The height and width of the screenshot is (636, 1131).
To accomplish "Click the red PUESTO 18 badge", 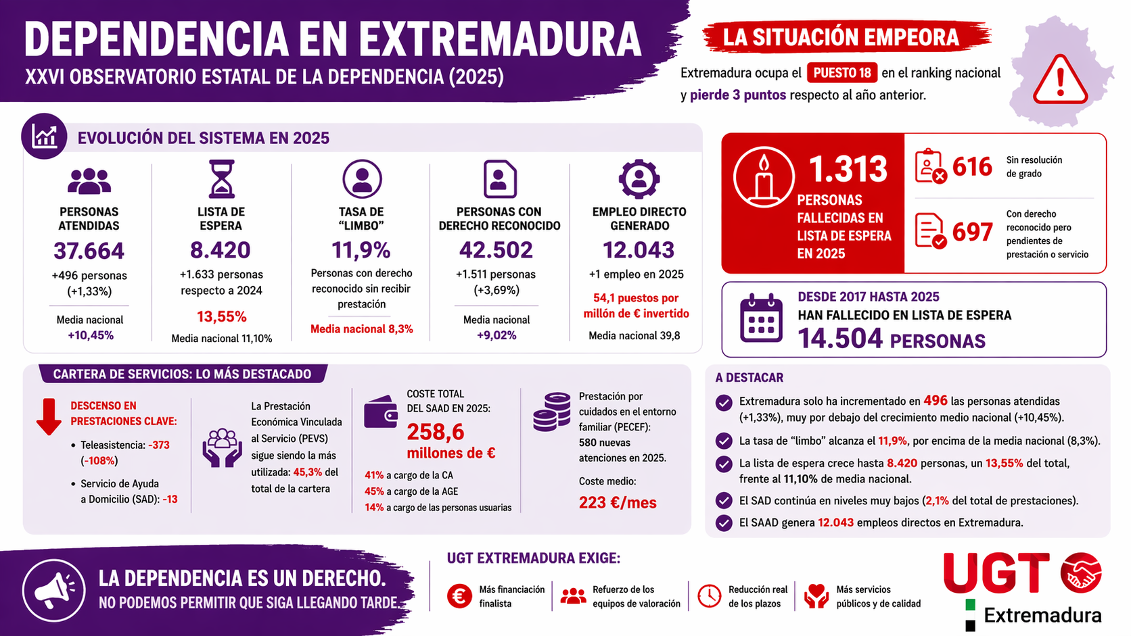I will click(841, 73).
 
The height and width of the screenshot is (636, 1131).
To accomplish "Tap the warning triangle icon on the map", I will click(1060, 80).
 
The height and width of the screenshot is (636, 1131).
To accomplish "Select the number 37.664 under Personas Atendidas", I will click(89, 251).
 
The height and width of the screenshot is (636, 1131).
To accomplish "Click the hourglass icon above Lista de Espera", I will click(221, 179).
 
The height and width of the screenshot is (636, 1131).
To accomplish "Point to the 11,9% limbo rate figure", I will click(361, 251).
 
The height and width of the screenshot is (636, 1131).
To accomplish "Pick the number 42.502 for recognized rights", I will click(496, 250).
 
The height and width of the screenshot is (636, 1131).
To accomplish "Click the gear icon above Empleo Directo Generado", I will click(639, 179).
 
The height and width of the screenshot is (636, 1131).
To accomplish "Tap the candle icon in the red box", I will click(764, 177).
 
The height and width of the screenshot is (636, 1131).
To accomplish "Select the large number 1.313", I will click(848, 168).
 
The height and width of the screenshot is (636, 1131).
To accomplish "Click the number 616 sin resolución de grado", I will click(972, 166).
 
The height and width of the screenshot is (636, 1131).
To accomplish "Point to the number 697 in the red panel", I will click(972, 233).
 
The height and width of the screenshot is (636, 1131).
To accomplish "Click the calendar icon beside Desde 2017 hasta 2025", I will click(761, 319).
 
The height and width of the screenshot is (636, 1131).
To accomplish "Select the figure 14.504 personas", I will click(841, 339).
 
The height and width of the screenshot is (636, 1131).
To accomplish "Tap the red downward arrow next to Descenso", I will click(49, 416).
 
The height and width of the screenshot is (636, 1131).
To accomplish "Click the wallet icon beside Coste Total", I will click(380, 412).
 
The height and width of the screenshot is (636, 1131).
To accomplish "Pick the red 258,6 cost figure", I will click(436, 431).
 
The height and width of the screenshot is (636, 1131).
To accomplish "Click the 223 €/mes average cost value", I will click(617, 503).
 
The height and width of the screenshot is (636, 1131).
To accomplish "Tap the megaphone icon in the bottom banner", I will click(54, 590).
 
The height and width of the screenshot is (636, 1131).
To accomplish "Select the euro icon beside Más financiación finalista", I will click(459, 596).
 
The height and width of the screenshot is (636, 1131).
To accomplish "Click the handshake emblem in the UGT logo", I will click(1080, 573).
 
